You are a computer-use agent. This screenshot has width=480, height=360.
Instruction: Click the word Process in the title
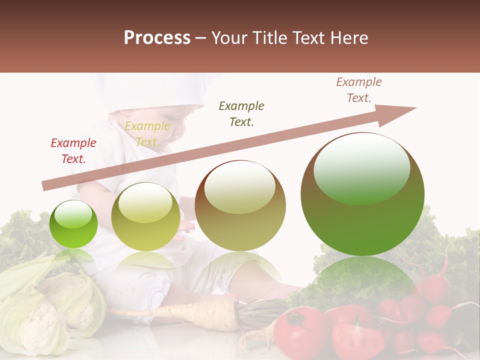point(157,38)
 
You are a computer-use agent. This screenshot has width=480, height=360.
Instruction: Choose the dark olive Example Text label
point(241,113)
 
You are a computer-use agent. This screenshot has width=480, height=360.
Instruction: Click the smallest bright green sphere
point(73,224)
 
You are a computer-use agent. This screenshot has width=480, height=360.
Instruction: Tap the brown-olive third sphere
point(240,205)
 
